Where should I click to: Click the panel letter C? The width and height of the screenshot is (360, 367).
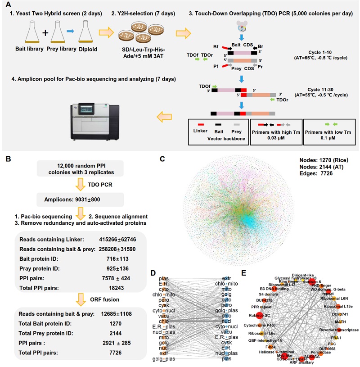tap(162, 159)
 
